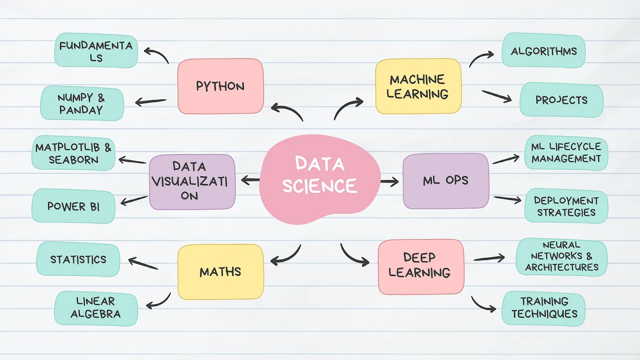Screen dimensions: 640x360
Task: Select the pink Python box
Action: pos(221,86)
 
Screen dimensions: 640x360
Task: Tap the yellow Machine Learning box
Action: pos(418,86)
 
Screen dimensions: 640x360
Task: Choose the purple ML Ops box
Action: pos(446,181)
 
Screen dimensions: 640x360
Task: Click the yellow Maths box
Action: pos(221,272)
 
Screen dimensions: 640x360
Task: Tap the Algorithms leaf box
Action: pos(543,51)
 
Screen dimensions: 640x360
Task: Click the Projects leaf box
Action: pos(561,100)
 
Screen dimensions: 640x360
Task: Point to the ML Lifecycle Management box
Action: pos(566,153)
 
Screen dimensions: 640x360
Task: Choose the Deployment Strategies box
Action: pos(566,206)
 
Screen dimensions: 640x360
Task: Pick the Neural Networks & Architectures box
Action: pos(562,257)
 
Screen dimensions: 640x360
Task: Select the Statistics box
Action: pos(78,259)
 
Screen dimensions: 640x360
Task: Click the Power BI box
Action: pos(74,206)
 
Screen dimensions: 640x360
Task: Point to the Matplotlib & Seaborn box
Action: pos(74,153)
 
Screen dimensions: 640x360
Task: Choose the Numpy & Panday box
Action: pos(82,104)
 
